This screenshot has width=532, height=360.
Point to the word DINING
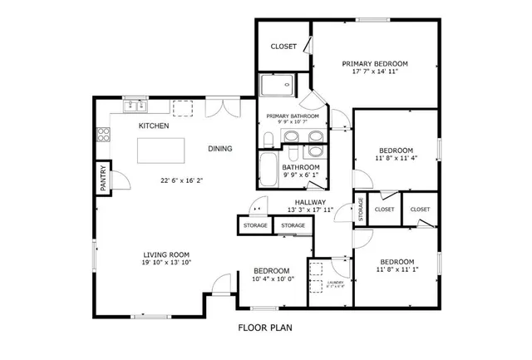coord(219,149)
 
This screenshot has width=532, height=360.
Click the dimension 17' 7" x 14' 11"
coord(375,72)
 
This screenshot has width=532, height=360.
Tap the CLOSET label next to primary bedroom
coord(283,46)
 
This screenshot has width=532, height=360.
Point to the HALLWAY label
coord(310,201)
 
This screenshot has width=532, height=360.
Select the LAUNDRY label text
coord(335,283)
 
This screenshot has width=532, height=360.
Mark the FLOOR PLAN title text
coord(265,328)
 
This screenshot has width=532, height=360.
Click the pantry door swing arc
coord(117,177)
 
